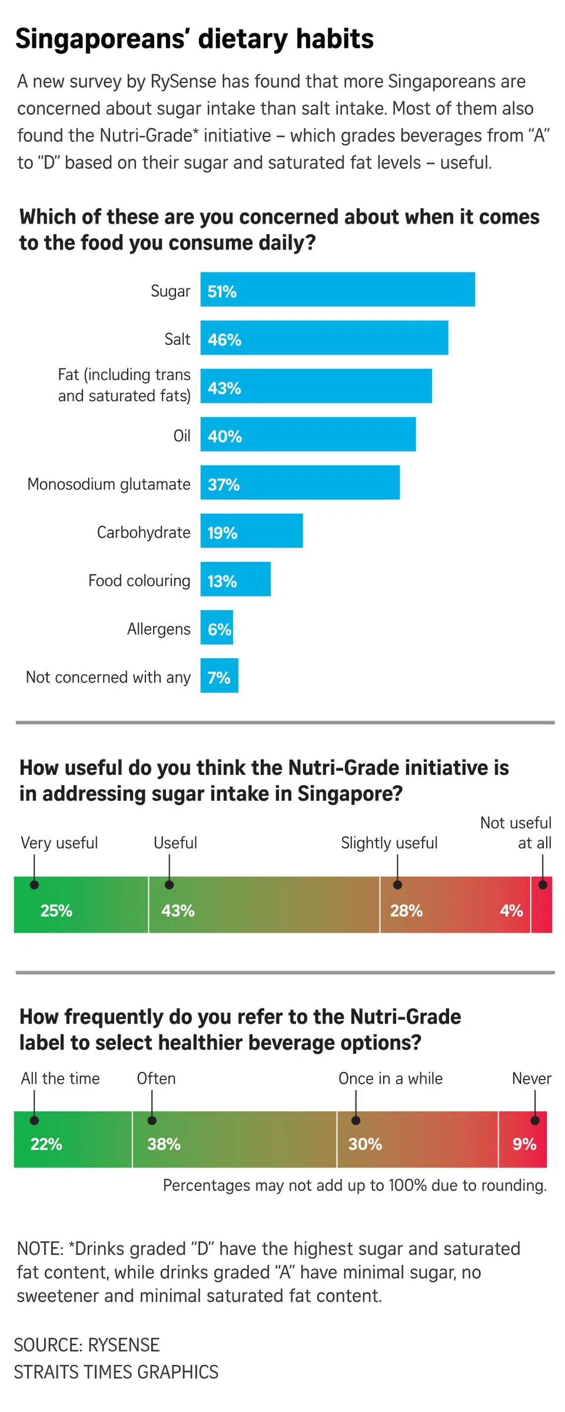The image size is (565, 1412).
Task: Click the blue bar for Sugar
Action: [338, 289]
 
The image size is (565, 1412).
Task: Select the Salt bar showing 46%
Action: [324, 338]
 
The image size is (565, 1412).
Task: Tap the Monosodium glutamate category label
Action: [109, 484]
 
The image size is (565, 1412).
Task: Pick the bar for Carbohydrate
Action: [251, 531]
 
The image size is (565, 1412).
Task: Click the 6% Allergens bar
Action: [217, 627]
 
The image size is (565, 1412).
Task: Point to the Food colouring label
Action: [139, 581]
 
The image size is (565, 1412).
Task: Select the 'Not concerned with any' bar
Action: [219, 675]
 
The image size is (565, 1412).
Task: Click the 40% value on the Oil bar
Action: [225, 436]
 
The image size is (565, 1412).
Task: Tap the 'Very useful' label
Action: [59, 842]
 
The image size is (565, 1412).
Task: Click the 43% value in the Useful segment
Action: [178, 911]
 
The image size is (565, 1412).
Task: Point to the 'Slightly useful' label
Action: [389, 842]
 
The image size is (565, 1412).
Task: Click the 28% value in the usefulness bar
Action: [406, 911]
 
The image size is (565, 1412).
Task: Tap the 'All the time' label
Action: [60, 1078]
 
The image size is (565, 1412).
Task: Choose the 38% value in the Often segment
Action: [164, 1144]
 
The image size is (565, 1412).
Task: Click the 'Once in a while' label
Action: [390, 1078]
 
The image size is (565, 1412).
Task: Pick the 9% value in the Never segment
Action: [524, 1144]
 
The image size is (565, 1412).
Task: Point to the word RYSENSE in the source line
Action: [123, 1345]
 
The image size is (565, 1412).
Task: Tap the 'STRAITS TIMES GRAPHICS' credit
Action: [116, 1372]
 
